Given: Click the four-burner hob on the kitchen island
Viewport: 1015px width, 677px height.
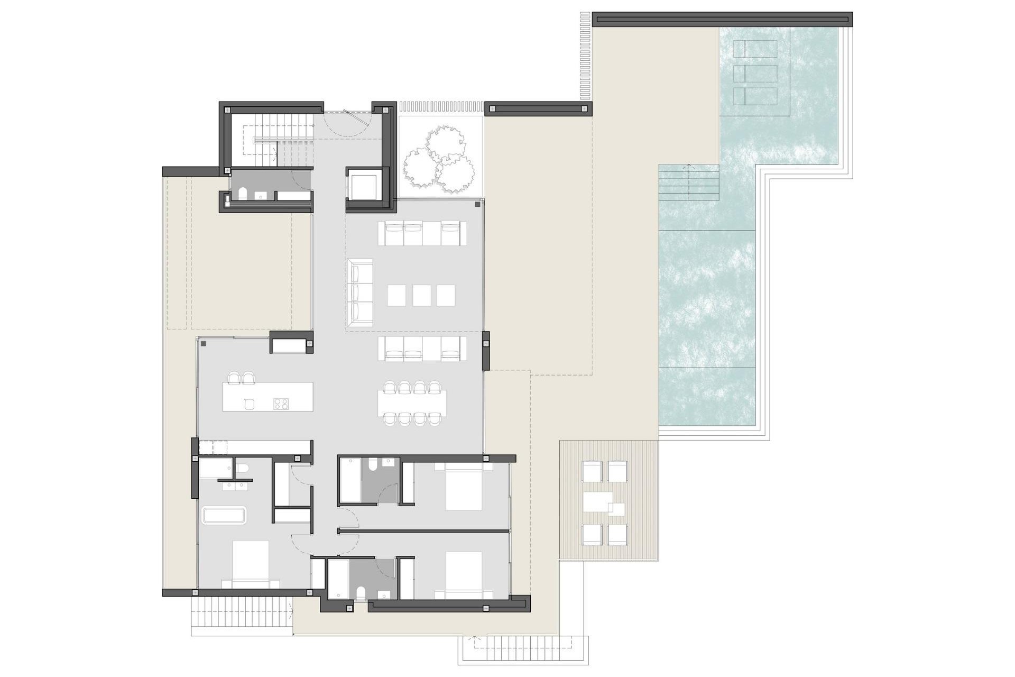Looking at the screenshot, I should coord(281,404).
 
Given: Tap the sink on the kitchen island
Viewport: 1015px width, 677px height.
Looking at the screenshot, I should coord(250,404).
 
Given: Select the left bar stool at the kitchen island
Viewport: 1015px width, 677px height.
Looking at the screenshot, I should coord(234,378).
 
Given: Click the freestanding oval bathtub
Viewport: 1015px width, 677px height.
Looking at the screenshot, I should coord(224,516).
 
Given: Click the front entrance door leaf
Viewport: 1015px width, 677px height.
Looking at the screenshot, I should coord(355,117).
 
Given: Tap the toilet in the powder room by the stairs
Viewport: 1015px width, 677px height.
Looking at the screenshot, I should coord(243,194).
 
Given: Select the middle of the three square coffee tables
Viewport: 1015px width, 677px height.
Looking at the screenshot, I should coord(421,295).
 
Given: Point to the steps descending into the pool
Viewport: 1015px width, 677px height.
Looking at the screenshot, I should coord(688,182).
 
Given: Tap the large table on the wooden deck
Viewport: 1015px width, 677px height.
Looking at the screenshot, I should coord(597,501).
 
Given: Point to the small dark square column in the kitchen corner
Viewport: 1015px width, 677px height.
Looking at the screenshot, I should coord(204,344).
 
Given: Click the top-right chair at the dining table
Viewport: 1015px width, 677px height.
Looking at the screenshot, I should coord(435,388).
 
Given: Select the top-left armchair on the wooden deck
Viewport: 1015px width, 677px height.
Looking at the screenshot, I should coord(592,471).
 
